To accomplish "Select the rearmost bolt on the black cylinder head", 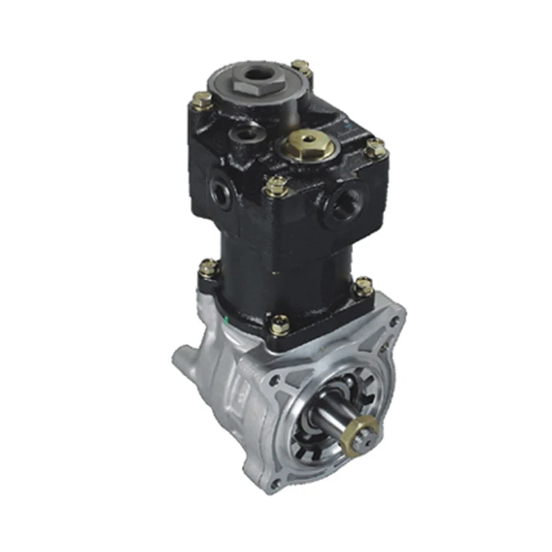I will tap(300, 68).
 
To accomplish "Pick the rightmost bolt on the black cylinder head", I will tap(375, 148).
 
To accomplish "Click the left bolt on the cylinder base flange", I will tap(208, 268).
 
